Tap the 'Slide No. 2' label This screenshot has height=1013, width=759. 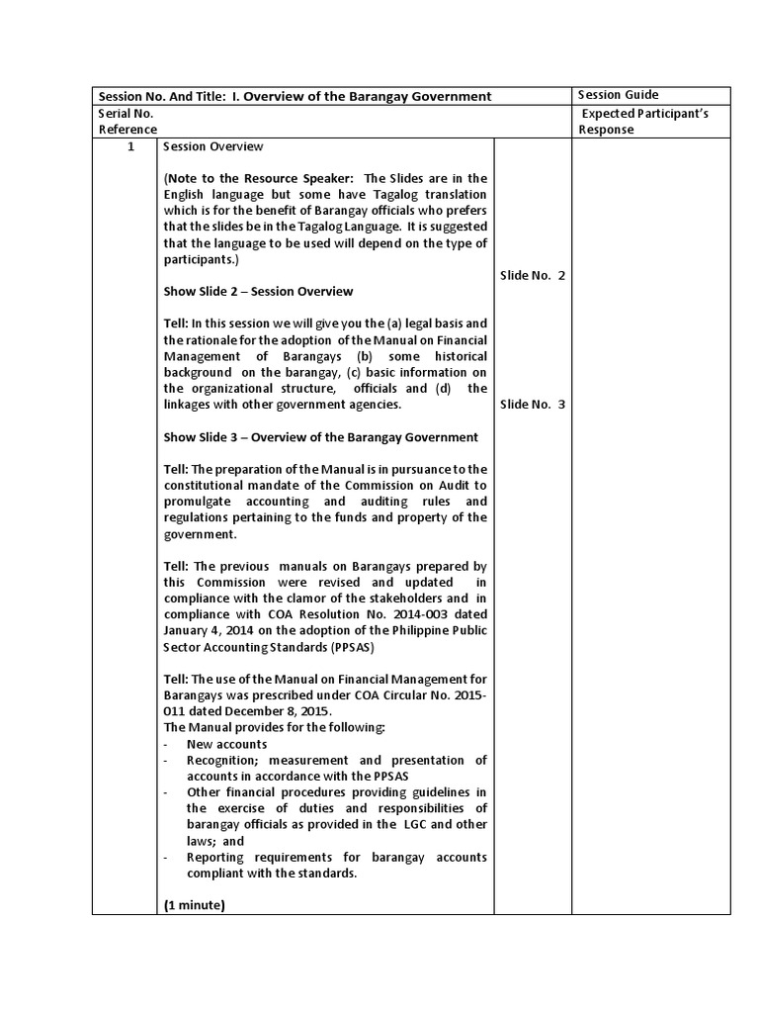(x=533, y=276)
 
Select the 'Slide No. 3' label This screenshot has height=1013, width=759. (x=533, y=404)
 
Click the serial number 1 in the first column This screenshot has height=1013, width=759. (x=125, y=146)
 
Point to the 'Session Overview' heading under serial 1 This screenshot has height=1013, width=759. (x=213, y=146)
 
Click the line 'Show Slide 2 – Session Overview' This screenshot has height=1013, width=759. (x=258, y=292)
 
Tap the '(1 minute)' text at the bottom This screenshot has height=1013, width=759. (x=195, y=904)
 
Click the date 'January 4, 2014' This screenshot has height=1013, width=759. (x=211, y=631)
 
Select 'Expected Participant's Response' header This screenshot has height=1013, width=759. (x=644, y=122)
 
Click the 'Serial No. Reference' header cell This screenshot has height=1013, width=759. (x=126, y=122)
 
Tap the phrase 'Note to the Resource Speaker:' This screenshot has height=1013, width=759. (x=258, y=178)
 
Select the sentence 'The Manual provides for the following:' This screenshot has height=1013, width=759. (x=274, y=728)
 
